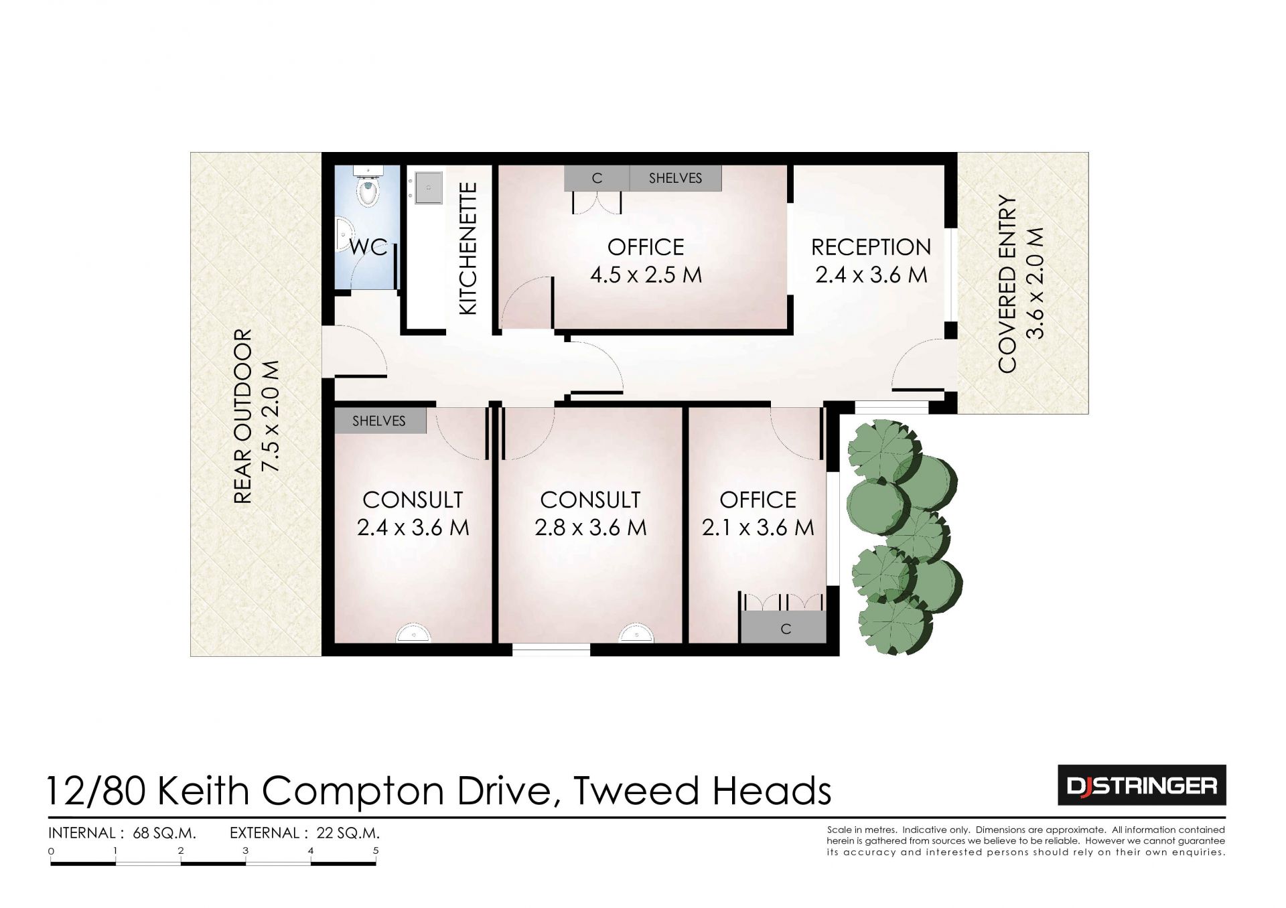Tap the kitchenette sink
coord(428,187)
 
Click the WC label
coord(368,247)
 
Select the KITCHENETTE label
coord(468,248)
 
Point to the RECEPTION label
coord(871,247)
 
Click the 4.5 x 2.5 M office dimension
coord(646,275)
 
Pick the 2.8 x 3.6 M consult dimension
coord(590,528)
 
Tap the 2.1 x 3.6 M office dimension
coord(758,528)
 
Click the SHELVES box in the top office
coord(675,178)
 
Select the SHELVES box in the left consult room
coord(379,421)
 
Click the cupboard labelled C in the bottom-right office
coord(784,627)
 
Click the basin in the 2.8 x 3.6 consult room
coord(636,633)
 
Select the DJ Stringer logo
coord(1141,785)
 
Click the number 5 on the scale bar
coord(376,851)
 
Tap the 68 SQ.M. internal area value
coord(164,833)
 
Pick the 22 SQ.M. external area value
coord(348,833)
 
